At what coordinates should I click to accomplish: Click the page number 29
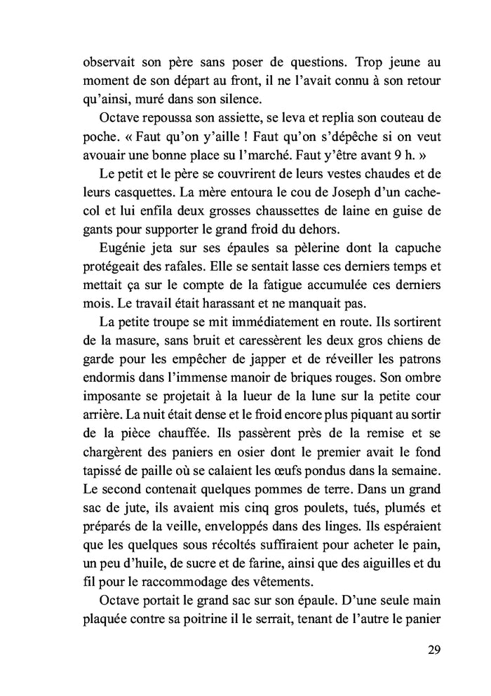click(433, 648)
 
